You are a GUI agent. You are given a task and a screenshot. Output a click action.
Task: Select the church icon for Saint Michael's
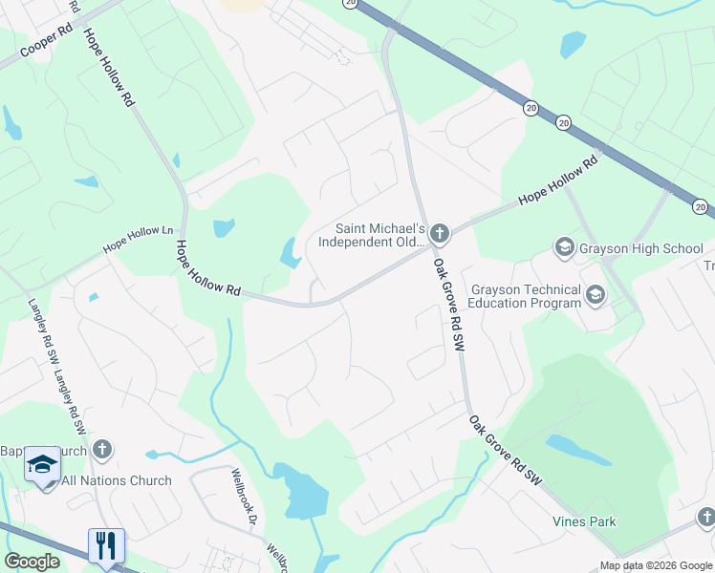pyautogui.click(x=440, y=233)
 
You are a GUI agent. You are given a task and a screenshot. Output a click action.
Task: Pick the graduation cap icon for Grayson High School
pyautogui.click(x=564, y=248)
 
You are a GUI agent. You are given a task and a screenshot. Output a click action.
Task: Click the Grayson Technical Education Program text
pyautogui.click(x=526, y=296)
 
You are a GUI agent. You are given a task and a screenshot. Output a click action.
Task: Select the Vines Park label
pyautogui.click(x=584, y=521)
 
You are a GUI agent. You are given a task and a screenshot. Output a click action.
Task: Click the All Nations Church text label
pyautogui.click(x=117, y=480)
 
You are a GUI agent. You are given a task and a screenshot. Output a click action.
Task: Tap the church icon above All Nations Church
pyautogui.click(x=102, y=450)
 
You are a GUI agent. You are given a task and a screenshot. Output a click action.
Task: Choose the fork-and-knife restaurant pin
pyautogui.click(x=106, y=545)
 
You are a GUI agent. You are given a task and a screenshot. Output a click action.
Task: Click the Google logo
pyautogui.click(x=32, y=562)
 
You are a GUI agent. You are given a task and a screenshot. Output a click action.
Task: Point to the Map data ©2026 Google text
pyautogui.click(x=655, y=565)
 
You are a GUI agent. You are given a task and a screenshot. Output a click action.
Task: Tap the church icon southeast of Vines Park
pyautogui.click(x=705, y=519)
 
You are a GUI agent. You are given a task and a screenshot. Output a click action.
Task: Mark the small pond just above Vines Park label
pyautogui.click(x=578, y=450)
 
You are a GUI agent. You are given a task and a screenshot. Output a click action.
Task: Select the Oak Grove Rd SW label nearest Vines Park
pyautogui.click(x=506, y=451)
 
